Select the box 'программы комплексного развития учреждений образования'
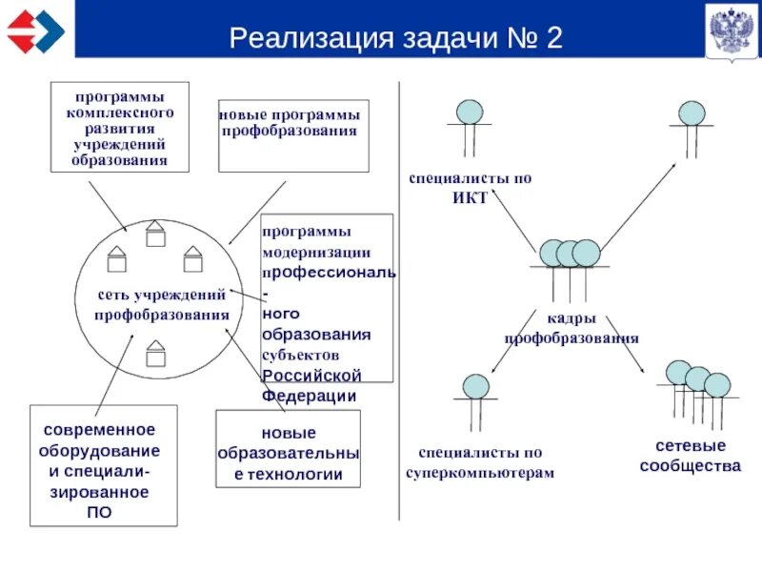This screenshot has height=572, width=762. point(119,128)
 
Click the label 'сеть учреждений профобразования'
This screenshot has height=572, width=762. point(161,305)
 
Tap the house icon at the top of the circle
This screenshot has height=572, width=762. point(155,234)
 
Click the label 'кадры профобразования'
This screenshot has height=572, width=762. point(571,328)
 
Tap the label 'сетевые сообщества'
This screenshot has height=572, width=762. point(690,456)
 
